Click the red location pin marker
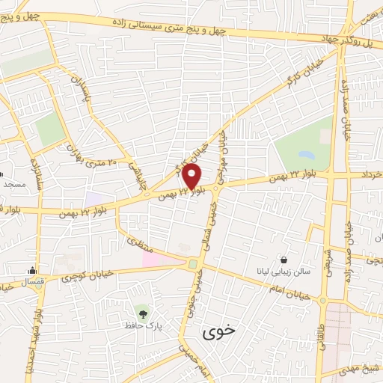click(192, 177)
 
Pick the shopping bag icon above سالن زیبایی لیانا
click(283, 260)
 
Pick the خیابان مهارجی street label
click(222, 149)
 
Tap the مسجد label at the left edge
click(13, 183)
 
